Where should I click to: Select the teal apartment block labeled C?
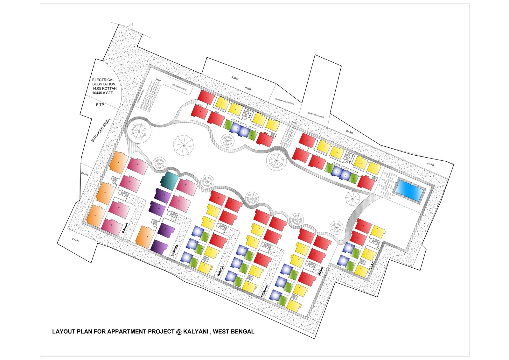point(169,180)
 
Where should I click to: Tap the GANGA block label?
point(125,228)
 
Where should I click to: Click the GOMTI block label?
point(250,116)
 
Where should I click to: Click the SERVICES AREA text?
point(101,130)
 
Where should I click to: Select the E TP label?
point(100,105)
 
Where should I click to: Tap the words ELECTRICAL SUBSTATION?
point(104,82)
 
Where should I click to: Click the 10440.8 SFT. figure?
point(103,93)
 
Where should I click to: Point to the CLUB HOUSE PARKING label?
point(284,101)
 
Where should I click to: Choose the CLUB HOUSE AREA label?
point(316,115)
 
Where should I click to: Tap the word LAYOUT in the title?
point(64,331)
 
